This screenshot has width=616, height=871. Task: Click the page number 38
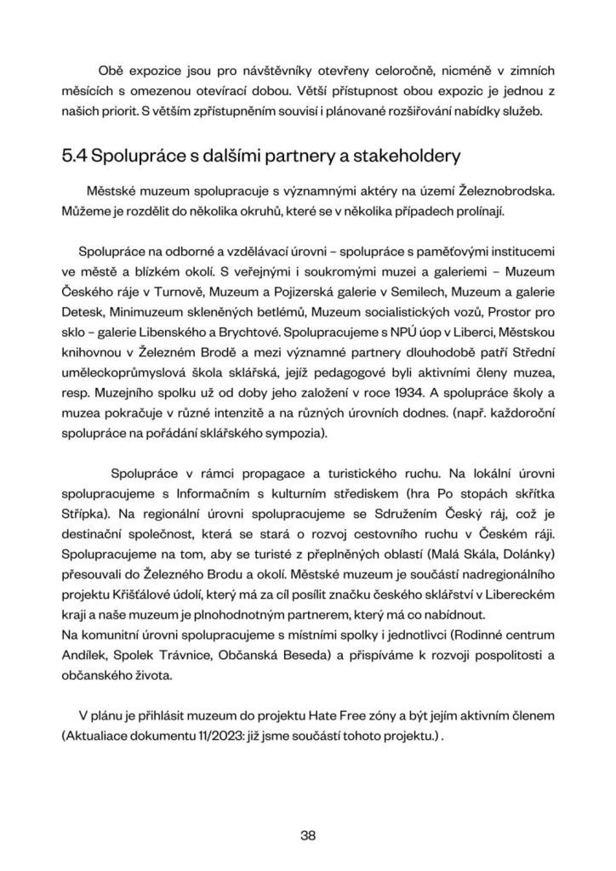(308, 834)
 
